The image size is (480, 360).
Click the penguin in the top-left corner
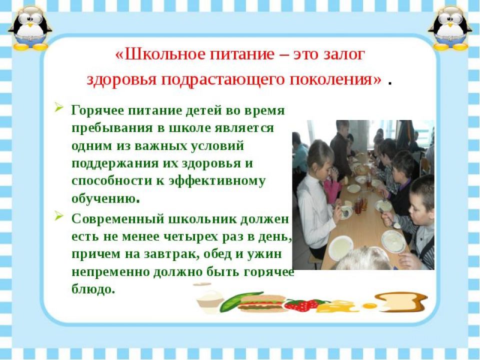point(29,28)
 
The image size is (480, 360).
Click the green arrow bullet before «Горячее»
point(59,107)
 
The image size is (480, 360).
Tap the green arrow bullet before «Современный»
point(59,216)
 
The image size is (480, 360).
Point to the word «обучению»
point(103,199)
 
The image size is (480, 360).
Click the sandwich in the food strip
point(261,303)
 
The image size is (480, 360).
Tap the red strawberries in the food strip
point(302,304)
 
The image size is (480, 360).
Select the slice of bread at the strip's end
point(403,301)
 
